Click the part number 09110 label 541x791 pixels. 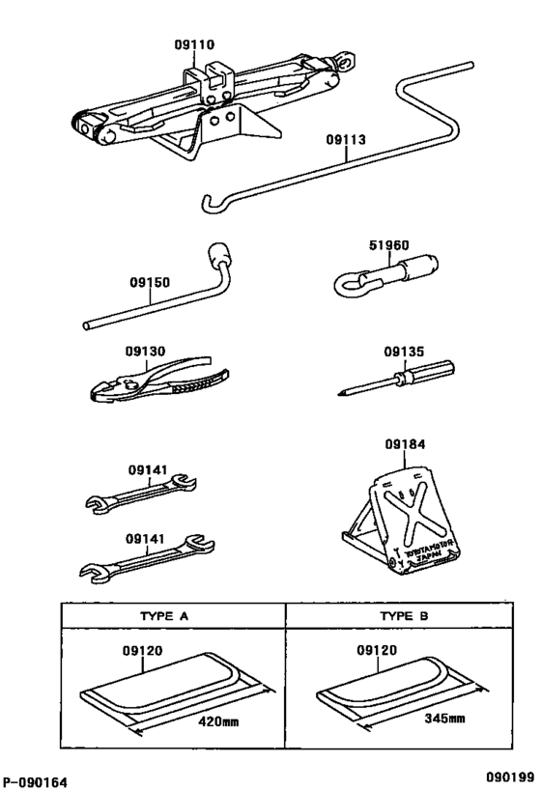[x=194, y=44]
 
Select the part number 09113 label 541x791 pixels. [x=345, y=139]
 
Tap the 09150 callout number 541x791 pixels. [x=149, y=283]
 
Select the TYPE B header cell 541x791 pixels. [x=404, y=614]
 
